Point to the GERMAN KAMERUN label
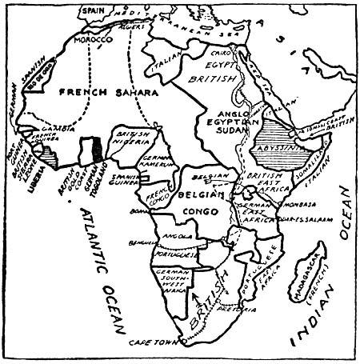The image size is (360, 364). click(162, 164)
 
